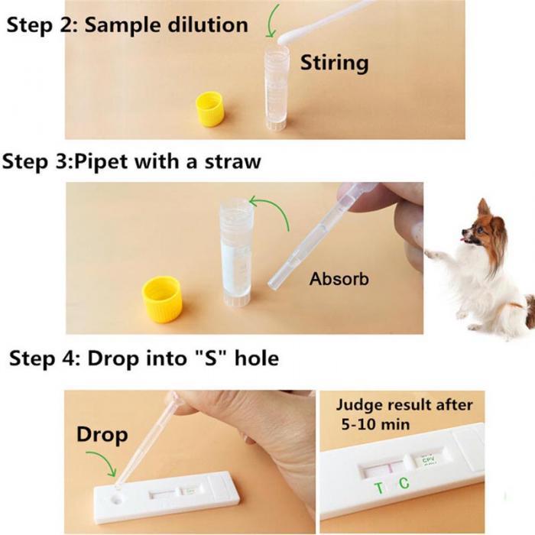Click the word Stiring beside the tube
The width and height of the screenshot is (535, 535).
click(x=334, y=62)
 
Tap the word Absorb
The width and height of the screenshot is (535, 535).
click(x=339, y=280)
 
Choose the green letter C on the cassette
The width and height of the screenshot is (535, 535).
click(x=404, y=483)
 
